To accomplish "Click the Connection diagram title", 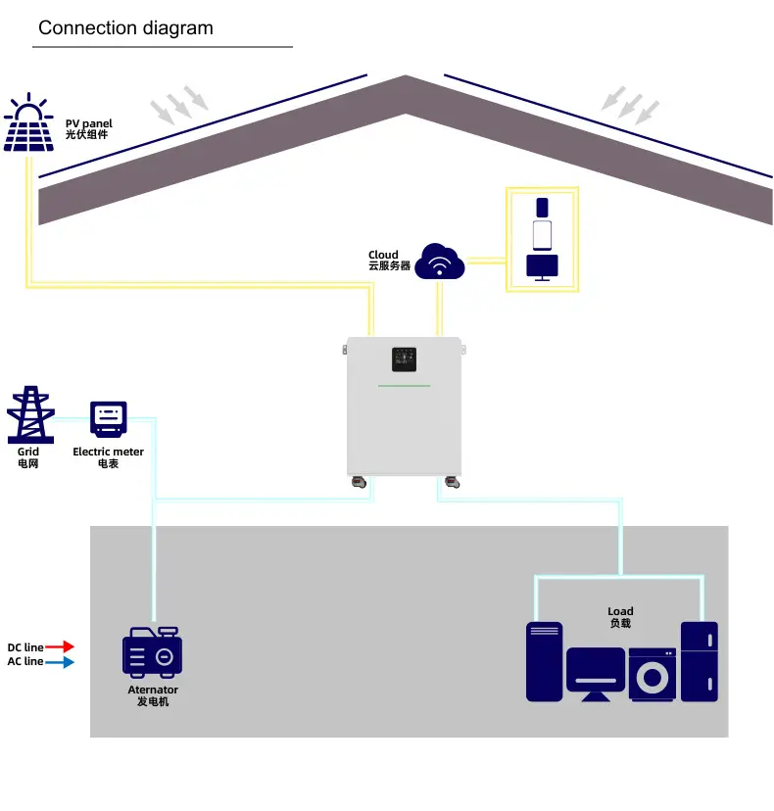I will (x=125, y=27).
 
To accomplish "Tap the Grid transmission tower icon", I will (x=29, y=415).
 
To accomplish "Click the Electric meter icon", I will (x=109, y=418).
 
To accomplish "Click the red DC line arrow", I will (x=61, y=646).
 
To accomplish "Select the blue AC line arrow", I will (x=61, y=662).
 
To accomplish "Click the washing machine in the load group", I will (x=652, y=674).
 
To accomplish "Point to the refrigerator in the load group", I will (x=700, y=661).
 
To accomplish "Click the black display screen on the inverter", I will (x=404, y=359).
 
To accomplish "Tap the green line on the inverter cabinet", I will (x=404, y=386).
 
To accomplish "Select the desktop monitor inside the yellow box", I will (x=542, y=266).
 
